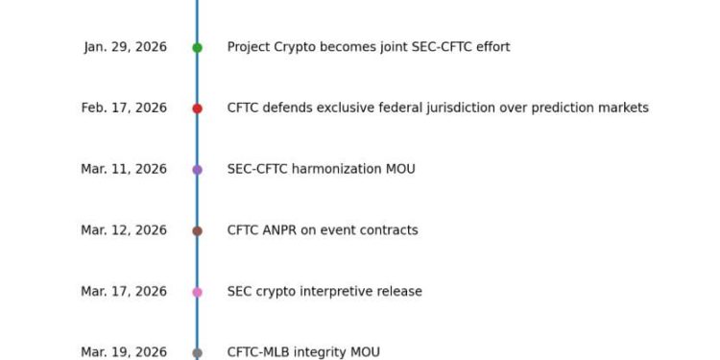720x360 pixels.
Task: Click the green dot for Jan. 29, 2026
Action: (x=197, y=47)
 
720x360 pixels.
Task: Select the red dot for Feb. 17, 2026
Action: (x=197, y=108)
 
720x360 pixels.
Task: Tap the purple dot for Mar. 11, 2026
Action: (x=197, y=170)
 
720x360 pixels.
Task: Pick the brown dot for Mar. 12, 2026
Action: (x=197, y=230)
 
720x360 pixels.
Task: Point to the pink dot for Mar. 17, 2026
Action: (x=197, y=292)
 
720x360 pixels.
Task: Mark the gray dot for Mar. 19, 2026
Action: (x=197, y=352)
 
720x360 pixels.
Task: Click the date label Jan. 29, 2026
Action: (x=125, y=47)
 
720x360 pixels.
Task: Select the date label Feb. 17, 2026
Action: (x=124, y=108)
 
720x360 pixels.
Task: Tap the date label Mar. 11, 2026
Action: (x=124, y=170)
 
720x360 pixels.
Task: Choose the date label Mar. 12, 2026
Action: (x=124, y=230)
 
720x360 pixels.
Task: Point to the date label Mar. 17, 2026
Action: (x=124, y=292)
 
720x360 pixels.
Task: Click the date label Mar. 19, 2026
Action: (x=124, y=352)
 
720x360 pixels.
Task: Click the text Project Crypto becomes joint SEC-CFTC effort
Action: (x=368, y=47)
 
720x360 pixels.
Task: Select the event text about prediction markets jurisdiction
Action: (x=438, y=108)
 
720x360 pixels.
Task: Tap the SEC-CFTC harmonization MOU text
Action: (x=321, y=170)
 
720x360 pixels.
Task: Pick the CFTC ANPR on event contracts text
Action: (x=323, y=230)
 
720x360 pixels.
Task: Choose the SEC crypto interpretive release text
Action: (x=324, y=292)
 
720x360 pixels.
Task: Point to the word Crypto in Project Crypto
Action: (x=299, y=47)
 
